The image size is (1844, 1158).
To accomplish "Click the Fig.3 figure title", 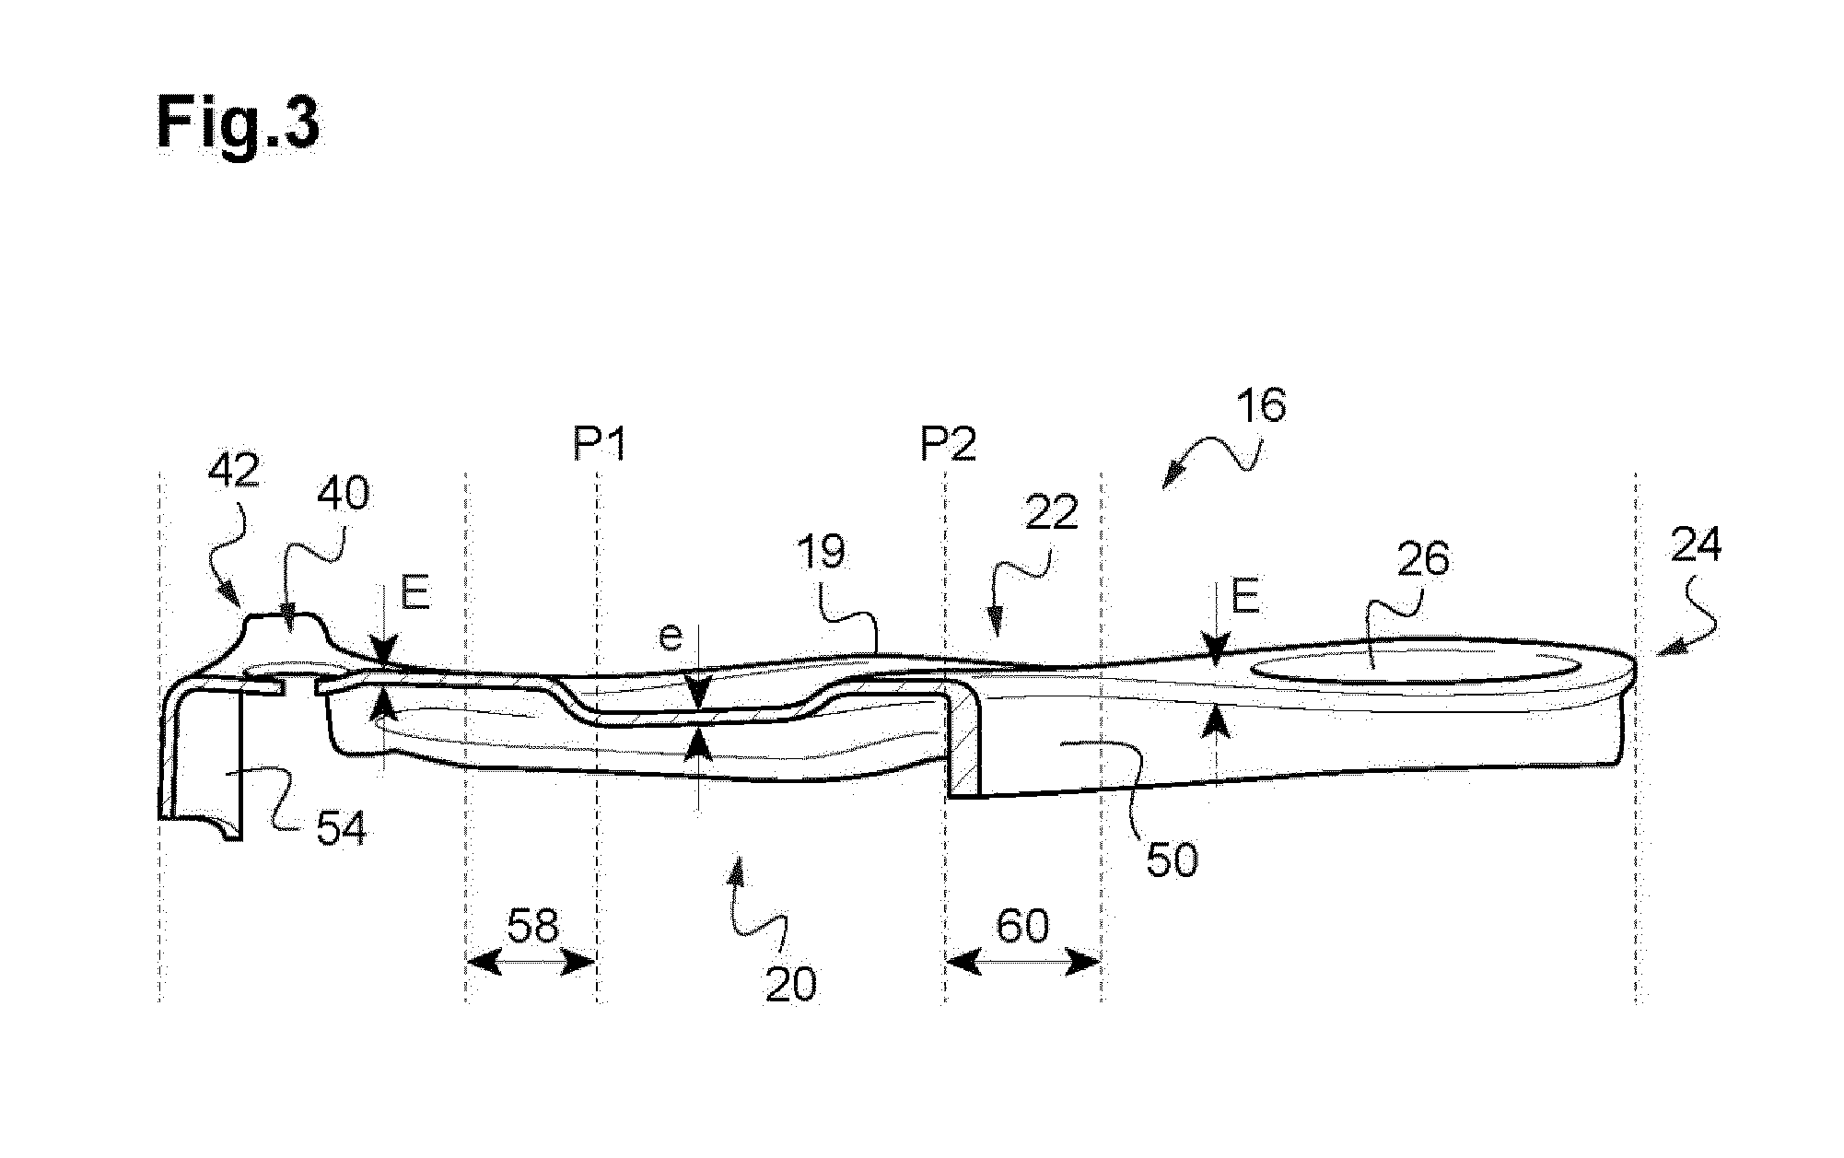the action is click(x=238, y=124).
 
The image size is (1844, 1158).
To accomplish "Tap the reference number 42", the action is click(x=234, y=472).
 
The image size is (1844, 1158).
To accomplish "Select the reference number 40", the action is click(x=344, y=494).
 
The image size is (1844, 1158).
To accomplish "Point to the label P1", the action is click(x=600, y=446).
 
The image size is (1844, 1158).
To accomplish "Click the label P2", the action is click(x=949, y=446).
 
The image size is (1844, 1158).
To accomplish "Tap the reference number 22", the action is click(x=1051, y=512).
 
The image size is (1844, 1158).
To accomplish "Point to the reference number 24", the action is click(x=1696, y=546).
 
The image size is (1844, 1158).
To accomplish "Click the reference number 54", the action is click(x=341, y=829).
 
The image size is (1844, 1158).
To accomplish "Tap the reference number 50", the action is click(x=1172, y=860).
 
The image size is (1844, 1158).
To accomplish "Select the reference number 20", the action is click(x=790, y=984).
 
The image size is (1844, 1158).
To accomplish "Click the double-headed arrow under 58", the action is click(x=531, y=964).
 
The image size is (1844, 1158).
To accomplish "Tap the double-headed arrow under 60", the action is click(x=1022, y=964).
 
